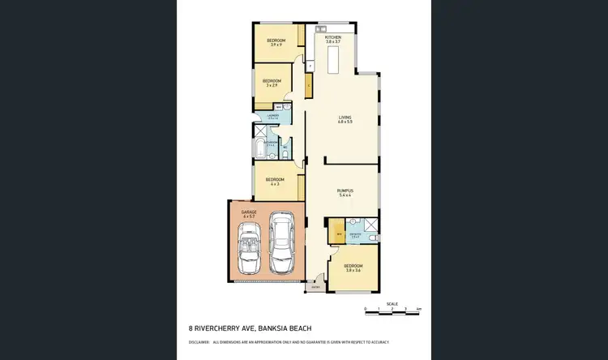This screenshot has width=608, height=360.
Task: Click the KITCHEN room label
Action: pyautogui.click(x=333, y=37)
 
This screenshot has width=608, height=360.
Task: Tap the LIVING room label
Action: pyautogui.click(x=345, y=118)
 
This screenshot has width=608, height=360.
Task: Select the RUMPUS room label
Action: pyautogui.click(x=345, y=191)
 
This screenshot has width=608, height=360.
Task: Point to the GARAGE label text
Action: pyautogui.click(x=248, y=212)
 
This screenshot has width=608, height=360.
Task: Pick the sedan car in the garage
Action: pyautogui.click(x=282, y=242)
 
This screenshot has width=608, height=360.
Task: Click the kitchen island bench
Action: pyautogui.click(x=332, y=62)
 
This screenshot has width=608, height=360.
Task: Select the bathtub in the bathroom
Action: pyautogui.click(x=259, y=149)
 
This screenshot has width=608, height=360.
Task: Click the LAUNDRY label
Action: pyautogui.click(x=273, y=116)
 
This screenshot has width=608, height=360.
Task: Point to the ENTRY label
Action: pyautogui.click(x=315, y=286)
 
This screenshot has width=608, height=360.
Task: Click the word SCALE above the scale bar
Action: pyautogui.click(x=392, y=303)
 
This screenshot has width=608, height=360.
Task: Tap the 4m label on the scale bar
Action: pyautogui.click(x=418, y=310)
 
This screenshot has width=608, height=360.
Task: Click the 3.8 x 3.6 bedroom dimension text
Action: pyautogui.click(x=353, y=269)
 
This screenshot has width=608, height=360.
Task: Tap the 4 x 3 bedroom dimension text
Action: pyautogui.click(x=274, y=184)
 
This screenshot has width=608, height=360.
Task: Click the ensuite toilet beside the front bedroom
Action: pyautogui.click(x=369, y=238)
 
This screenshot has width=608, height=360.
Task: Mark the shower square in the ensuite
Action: pyautogui.click(x=370, y=225)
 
